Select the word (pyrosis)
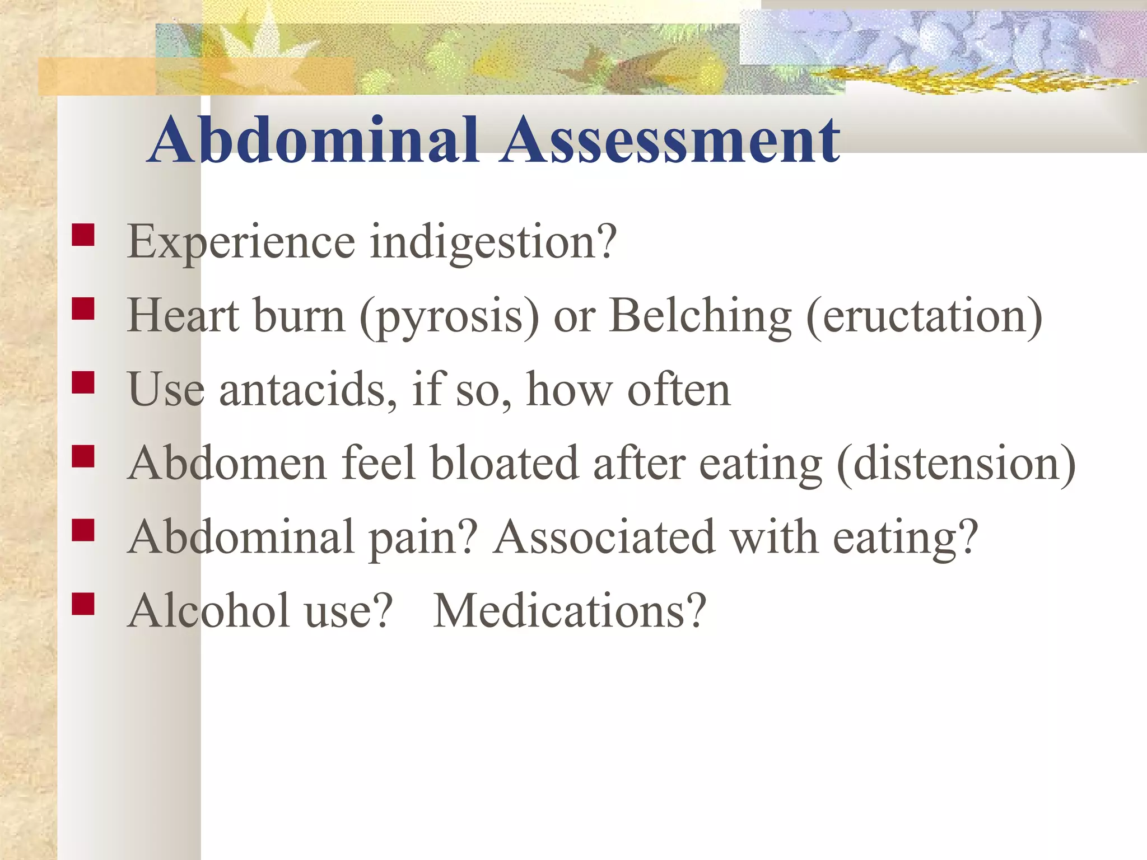(449, 316)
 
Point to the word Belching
(700, 316)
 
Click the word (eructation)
(924, 316)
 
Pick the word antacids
(307, 390)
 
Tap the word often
(679, 390)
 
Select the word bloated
(504, 464)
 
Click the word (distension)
(955, 464)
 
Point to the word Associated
(604, 537)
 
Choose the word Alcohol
(209, 610)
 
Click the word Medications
(570, 610)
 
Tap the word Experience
(241, 242)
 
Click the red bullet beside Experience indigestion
(83, 235)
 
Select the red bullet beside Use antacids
(83, 383)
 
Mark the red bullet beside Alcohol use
(83, 604)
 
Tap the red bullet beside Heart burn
(83, 309)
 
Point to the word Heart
(183, 316)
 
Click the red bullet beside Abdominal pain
(83, 530)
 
